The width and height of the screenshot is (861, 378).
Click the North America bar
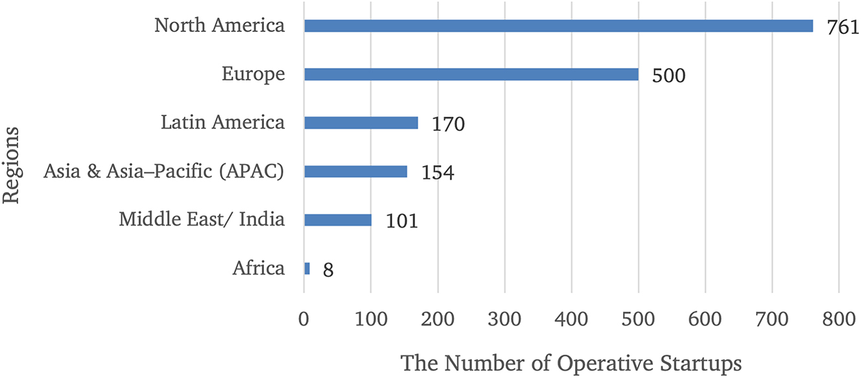558,26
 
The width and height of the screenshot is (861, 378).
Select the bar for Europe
471,75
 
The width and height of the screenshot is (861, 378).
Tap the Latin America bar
361,123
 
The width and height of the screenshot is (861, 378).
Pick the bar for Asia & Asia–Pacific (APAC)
356,171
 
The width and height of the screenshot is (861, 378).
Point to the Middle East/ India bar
338,220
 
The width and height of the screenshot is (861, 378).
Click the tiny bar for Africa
307,268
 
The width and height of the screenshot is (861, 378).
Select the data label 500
668,76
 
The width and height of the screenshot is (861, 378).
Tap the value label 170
448,124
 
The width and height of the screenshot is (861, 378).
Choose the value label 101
401,221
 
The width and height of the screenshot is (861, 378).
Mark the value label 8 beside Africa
327,270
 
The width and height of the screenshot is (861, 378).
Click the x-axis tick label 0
303,320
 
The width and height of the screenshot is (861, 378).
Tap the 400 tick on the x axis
571,320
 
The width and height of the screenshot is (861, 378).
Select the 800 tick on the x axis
839,320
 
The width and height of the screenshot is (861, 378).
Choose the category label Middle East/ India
202,220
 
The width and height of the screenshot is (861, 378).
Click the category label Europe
253,74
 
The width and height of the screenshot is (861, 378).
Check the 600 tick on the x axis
705,320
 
